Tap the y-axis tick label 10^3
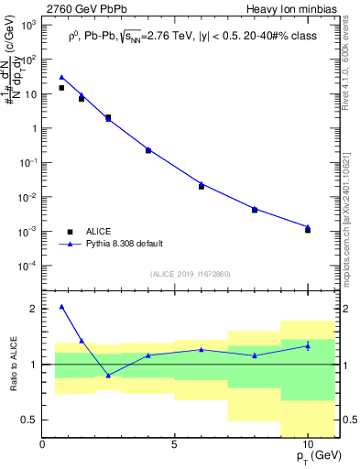click(x=28, y=26)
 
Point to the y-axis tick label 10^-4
click(x=28, y=267)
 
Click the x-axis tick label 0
click(x=43, y=445)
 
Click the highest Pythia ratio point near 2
click(x=61, y=307)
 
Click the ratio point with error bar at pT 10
click(x=308, y=345)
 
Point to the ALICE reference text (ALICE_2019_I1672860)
click(x=191, y=274)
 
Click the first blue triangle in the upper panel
click(x=61, y=78)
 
